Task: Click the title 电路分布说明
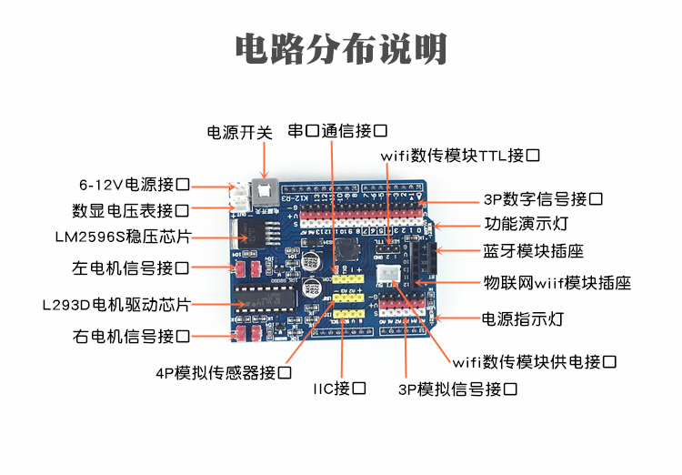(x=341, y=47)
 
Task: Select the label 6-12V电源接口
(x=134, y=184)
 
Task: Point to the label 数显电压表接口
(x=132, y=211)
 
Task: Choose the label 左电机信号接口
(x=132, y=268)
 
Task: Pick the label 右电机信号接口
(x=132, y=337)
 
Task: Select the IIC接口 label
(x=340, y=389)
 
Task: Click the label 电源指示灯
(x=523, y=319)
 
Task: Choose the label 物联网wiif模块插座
(x=557, y=283)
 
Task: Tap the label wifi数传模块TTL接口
(x=461, y=156)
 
